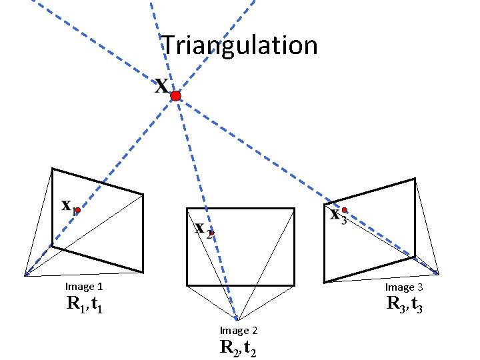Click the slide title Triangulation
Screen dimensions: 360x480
click(241, 45)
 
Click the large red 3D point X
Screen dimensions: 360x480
click(175, 97)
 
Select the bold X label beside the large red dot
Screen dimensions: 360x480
click(161, 86)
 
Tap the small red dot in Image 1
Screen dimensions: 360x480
click(77, 210)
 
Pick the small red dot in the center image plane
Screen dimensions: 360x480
click(211, 233)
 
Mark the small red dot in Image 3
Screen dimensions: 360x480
click(345, 210)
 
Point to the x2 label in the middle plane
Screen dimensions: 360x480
click(203, 229)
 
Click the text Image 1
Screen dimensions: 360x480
click(83, 287)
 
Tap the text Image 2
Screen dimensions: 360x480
click(239, 331)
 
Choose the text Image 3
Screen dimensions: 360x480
click(404, 287)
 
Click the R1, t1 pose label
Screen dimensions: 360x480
click(84, 305)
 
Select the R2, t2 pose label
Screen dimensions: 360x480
click(239, 348)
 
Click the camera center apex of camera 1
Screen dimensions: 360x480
click(25, 275)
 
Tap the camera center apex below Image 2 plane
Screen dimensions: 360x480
click(237, 319)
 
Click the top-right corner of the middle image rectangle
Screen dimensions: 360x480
click(294, 209)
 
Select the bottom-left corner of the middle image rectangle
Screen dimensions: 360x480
click(187, 285)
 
